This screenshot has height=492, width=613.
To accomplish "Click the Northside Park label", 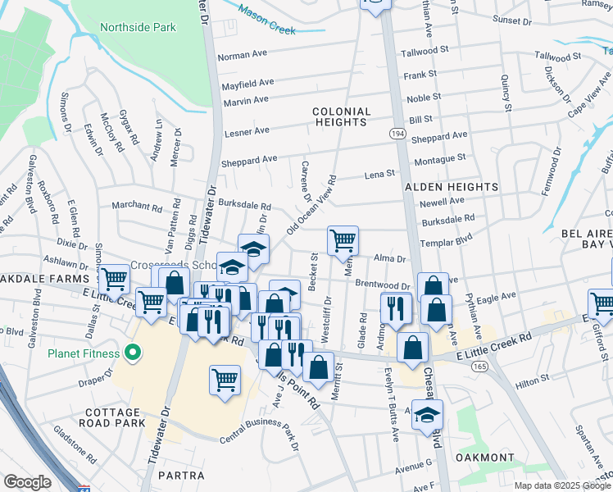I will pos(138,27).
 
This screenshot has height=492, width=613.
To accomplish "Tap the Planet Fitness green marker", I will pos(129,354).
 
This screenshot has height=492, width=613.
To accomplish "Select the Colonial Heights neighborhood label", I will pos(341,116).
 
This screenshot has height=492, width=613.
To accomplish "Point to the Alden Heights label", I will pos(451,187).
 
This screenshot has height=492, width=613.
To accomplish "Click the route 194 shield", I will pos(397,133).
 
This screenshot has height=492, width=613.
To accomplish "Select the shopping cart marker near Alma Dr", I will pos(343,241).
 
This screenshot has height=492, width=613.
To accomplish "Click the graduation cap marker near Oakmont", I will pos(427,415).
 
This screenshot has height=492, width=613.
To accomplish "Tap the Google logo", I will pos(27,482).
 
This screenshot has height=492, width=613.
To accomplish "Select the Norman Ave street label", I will pos(243,57).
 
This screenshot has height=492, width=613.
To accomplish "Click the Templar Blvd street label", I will pos(447,244).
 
